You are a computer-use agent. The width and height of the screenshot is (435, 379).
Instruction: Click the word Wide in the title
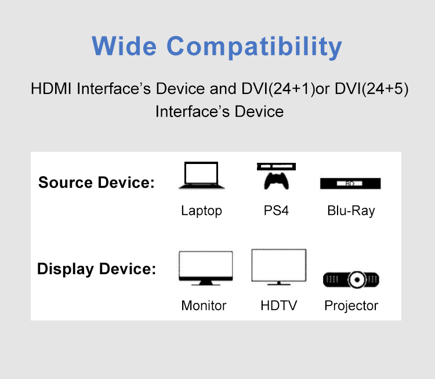[124, 46]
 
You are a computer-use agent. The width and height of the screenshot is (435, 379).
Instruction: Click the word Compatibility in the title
[254, 47]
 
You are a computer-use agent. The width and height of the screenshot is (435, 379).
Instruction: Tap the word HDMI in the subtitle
[51, 89]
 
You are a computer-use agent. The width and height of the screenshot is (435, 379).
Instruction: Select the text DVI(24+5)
[371, 89]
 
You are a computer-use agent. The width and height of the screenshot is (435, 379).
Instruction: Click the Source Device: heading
[96, 183]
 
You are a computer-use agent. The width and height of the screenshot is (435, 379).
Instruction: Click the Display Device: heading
[96, 269]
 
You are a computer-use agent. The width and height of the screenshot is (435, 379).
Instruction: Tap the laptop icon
[201, 176]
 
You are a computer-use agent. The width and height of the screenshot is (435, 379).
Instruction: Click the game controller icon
[276, 181]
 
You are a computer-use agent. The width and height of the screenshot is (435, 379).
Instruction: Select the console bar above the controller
[276, 166]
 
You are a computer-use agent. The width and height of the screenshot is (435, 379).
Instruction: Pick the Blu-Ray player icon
[350, 184]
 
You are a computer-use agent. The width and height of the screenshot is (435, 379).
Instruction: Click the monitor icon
[206, 268]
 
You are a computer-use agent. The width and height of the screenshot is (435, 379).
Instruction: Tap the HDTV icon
[279, 267]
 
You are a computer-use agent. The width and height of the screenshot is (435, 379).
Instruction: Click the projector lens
[357, 279]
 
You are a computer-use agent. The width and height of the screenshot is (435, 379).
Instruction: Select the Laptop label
[202, 211]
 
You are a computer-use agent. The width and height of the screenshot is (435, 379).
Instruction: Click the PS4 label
[276, 210]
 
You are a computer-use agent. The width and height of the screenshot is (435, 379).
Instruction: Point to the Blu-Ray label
[351, 211]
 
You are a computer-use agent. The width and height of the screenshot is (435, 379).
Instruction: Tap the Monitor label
[204, 305]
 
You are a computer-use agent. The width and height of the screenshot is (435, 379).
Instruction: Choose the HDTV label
[279, 305]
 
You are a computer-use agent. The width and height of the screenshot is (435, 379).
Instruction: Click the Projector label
[351, 306]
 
